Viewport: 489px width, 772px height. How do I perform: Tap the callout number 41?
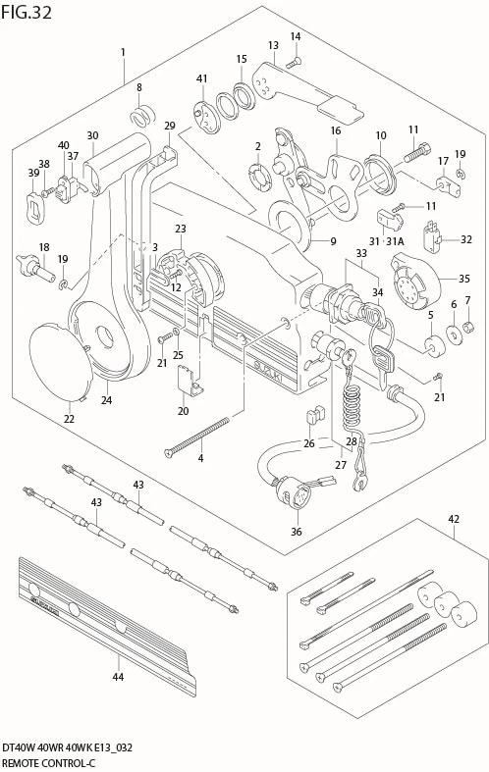click(201, 78)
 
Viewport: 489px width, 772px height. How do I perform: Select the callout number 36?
click(297, 532)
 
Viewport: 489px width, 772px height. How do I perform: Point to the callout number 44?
click(117, 677)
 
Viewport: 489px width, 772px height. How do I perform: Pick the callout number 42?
click(454, 519)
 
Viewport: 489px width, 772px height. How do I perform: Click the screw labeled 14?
click(294, 62)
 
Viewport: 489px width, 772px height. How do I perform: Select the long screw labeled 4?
click(197, 437)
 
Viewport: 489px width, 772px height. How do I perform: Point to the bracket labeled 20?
click(189, 379)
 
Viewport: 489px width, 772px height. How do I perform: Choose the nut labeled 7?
click(469, 326)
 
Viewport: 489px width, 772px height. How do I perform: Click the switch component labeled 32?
click(432, 237)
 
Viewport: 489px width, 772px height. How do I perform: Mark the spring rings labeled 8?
click(143, 116)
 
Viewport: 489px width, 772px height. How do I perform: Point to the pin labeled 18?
click(35, 268)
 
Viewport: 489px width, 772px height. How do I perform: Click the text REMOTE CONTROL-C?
click(48, 763)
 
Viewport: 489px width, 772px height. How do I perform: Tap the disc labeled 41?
click(207, 116)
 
